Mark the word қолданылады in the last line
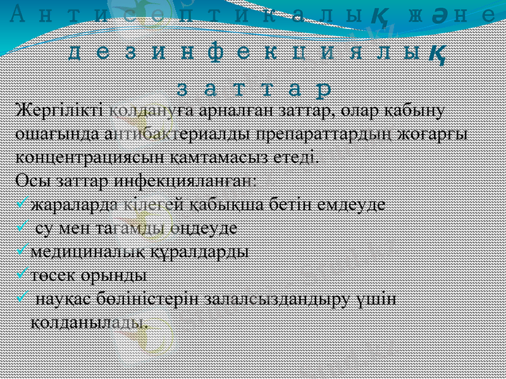[90, 322]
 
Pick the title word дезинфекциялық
[252, 53]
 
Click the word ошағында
[52, 133]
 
